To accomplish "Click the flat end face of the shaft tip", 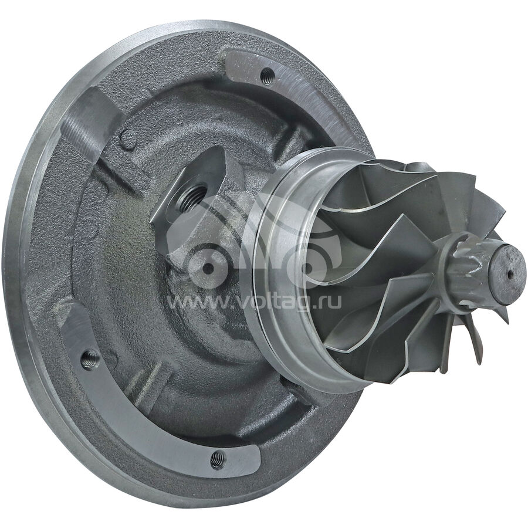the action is [x=508, y=273].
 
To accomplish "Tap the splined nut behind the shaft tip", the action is [x=472, y=266].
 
